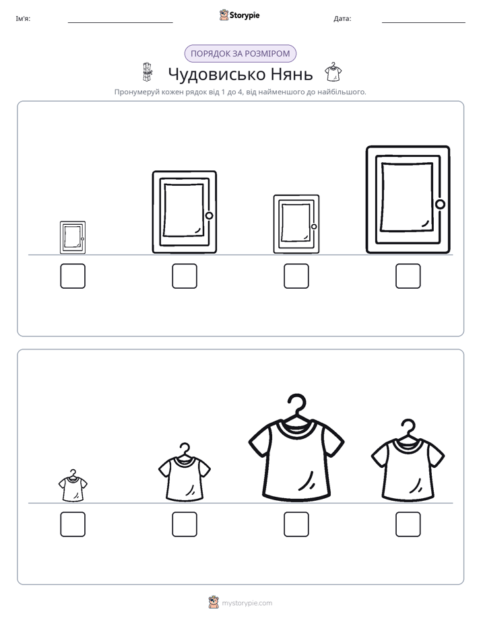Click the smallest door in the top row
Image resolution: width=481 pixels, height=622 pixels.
tap(73, 237)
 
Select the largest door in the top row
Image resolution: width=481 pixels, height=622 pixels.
tap(408, 199)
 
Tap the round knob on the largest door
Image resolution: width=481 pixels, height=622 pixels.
tap(440, 204)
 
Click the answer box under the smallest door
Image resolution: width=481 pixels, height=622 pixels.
tap(73, 276)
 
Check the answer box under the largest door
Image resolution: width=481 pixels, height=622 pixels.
tap(408, 276)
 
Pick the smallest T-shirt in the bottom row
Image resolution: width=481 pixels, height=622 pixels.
tap(73, 486)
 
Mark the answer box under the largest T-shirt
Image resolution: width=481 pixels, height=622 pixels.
tap(296, 524)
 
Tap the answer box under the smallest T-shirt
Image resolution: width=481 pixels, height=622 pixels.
tap(73, 524)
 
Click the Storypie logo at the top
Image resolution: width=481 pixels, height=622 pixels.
tap(239, 15)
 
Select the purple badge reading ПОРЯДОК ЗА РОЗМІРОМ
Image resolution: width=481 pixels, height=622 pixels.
tap(241, 54)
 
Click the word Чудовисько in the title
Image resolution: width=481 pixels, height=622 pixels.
tap(216, 74)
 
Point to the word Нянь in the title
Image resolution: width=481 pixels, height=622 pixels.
tap(292, 74)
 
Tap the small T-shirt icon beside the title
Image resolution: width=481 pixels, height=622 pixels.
tap(333, 72)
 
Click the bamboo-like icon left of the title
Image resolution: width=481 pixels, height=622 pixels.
tap(148, 72)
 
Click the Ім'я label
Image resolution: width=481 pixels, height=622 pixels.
tap(23, 19)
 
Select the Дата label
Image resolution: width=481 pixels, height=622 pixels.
tap(342, 19)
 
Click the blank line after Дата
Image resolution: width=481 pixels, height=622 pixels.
tap(424, 23)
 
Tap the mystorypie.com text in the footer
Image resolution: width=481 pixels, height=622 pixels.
tap(247, 603)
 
